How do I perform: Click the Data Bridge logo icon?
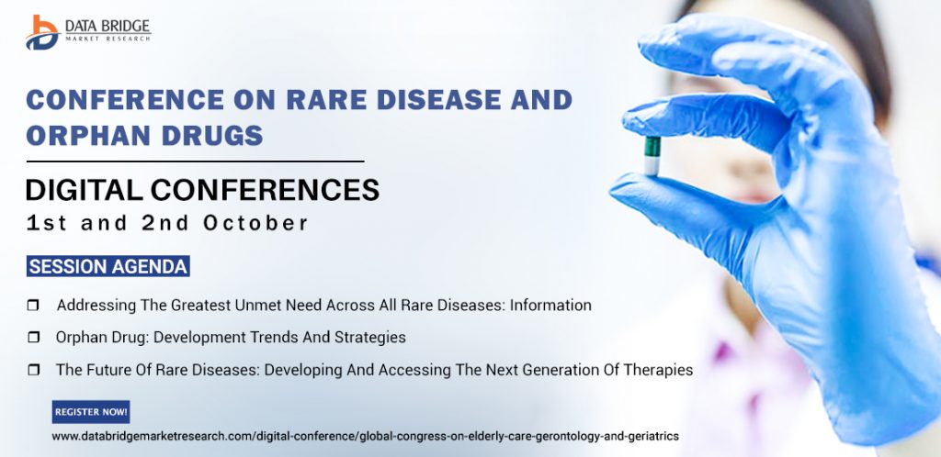pyautogui.click(x=42, y=32)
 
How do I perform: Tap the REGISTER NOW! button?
pyautogui.click(x=91, y=412)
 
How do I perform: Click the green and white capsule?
pyautogui.click(x=652, y=156)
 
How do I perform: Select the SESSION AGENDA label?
pyautogui.click(x=108, y=266)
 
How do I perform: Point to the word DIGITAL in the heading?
pyautogui.click(x=84, y=190)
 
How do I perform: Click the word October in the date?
pyautogui.click(x=255, y=223)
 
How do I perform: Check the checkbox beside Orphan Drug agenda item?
pyautogui.click(x=34, y=338)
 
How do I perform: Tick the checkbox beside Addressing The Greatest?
pyautogui.click(x=34, y=306)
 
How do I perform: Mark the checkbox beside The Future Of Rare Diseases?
pyautogui.click(x=34, y=370)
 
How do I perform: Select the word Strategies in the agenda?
pyautogui.click(x=369, y=338)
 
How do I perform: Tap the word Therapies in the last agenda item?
pyautogui.click(x=659, y=370)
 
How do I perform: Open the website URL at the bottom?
pyautogui.click(x=366, y=437)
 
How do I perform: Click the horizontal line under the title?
pyautogui.click(x=195, y=162)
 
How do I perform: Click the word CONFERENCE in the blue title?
pyautogui.click(x=125, y=100)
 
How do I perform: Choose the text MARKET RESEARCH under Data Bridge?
pyautogui.click(x=108, y=39)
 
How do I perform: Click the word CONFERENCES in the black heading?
pyautogui.click(x=265, y=190)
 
